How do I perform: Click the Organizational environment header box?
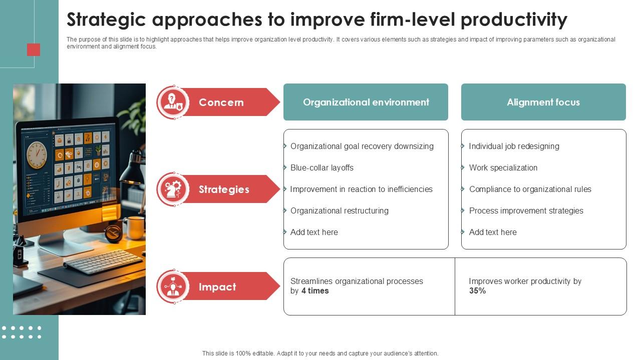[366, 102]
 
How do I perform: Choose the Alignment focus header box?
[543, 102]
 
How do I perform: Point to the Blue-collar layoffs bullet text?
[322, 168]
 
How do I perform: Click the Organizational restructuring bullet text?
[339, 211]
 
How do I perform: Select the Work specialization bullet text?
[503, 168]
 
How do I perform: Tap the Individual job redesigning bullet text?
[514, 146]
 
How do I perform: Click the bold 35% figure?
[477, 291]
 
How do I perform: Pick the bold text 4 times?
[315, 291]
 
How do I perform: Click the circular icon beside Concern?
[173, 102]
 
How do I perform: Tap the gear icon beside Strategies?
[173, 189]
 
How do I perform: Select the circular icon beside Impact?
[173, 287]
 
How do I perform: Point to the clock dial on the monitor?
[37, 154]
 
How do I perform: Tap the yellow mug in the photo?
[135, 227]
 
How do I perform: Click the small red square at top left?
[34, 49]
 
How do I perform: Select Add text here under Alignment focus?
[492, 232]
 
